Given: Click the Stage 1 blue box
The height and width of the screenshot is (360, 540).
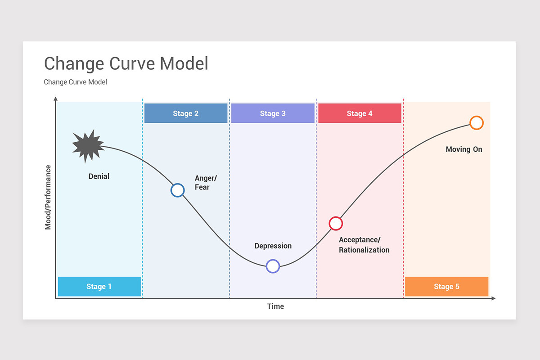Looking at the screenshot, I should click(99, 287).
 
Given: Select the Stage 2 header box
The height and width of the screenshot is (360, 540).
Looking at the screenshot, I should click(185, 113).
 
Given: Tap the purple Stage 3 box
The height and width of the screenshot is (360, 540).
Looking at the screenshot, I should click(273, 113).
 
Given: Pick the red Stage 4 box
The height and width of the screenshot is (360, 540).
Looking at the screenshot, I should click(360, 113).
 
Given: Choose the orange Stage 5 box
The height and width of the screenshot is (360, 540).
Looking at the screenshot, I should click(446, 287).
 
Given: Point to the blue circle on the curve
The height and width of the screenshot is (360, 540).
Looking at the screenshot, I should click(178, 190).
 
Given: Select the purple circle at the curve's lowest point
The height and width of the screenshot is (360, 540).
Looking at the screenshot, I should click(273, 266).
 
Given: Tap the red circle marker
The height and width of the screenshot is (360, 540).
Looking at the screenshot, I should click(336, 223).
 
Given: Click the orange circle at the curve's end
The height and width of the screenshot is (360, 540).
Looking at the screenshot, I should click(477, 123).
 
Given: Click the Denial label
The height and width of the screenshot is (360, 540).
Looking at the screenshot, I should click(99, 176).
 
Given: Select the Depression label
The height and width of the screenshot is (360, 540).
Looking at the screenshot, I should click(273, 246).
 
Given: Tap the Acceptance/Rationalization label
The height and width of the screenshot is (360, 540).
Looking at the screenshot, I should click(364, 245).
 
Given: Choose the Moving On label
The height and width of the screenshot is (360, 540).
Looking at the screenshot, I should click(464, 149).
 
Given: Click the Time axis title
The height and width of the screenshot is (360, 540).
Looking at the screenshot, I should click(275, 306).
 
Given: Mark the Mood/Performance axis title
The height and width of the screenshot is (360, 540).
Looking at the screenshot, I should click(48, 198).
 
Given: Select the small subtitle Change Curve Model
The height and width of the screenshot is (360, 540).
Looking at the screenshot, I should click(75, 82).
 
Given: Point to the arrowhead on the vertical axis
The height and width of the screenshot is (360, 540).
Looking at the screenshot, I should click(55, 99).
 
